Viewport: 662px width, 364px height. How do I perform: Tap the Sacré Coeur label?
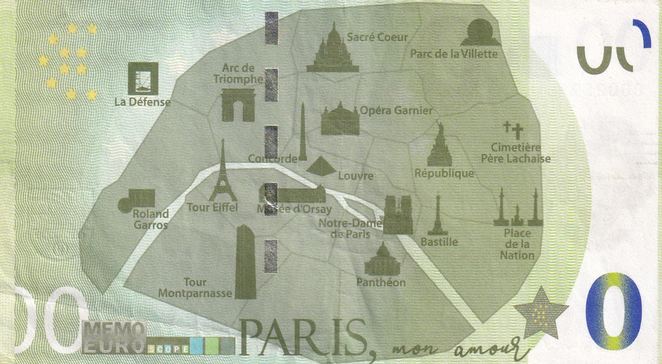pyautogui.click(x=377, y=37)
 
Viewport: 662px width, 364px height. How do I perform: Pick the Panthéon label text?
pyautogui.click(x=381, y=282)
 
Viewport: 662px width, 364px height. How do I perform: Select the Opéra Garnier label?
pyautogui.click(x=396, y=111)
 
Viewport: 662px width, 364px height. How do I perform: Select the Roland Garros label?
pyautogui.click(x=151, y=219)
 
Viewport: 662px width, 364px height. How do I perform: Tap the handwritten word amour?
pyautogui.click(x=483, y=350)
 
